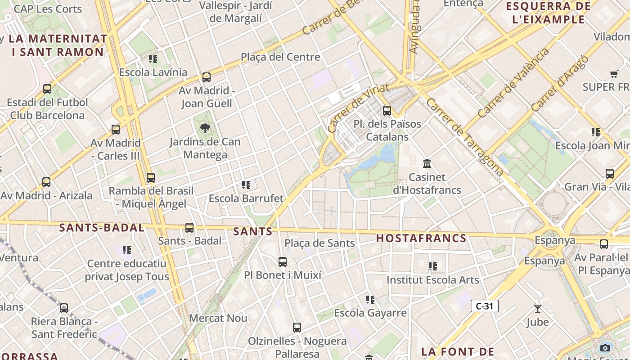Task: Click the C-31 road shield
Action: (x=485, y=306)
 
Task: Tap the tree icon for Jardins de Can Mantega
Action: (x=205, y=128)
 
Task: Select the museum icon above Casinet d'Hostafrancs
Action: (x=427, y=163)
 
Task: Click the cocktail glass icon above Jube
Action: (x=537, y=309)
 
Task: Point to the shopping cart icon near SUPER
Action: (x=614, y=74)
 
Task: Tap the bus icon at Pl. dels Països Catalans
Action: (x=387, y=110)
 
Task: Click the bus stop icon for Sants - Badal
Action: (x=189, y=228)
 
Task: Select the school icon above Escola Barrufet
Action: (x=246, y=184)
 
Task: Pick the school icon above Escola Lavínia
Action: (x=153, y=59)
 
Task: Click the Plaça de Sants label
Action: (x=319, y=243)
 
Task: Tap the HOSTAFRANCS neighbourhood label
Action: (x=421, y=238)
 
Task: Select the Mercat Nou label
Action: (x=218, y=318)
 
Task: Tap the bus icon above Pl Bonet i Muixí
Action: (x=283, y=262)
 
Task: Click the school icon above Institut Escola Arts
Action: (x=433, y=266)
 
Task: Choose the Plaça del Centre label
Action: (x=280, y=57)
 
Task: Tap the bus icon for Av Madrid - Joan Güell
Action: (x=207, y=77)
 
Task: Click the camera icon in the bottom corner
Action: (x=605, y=348)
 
